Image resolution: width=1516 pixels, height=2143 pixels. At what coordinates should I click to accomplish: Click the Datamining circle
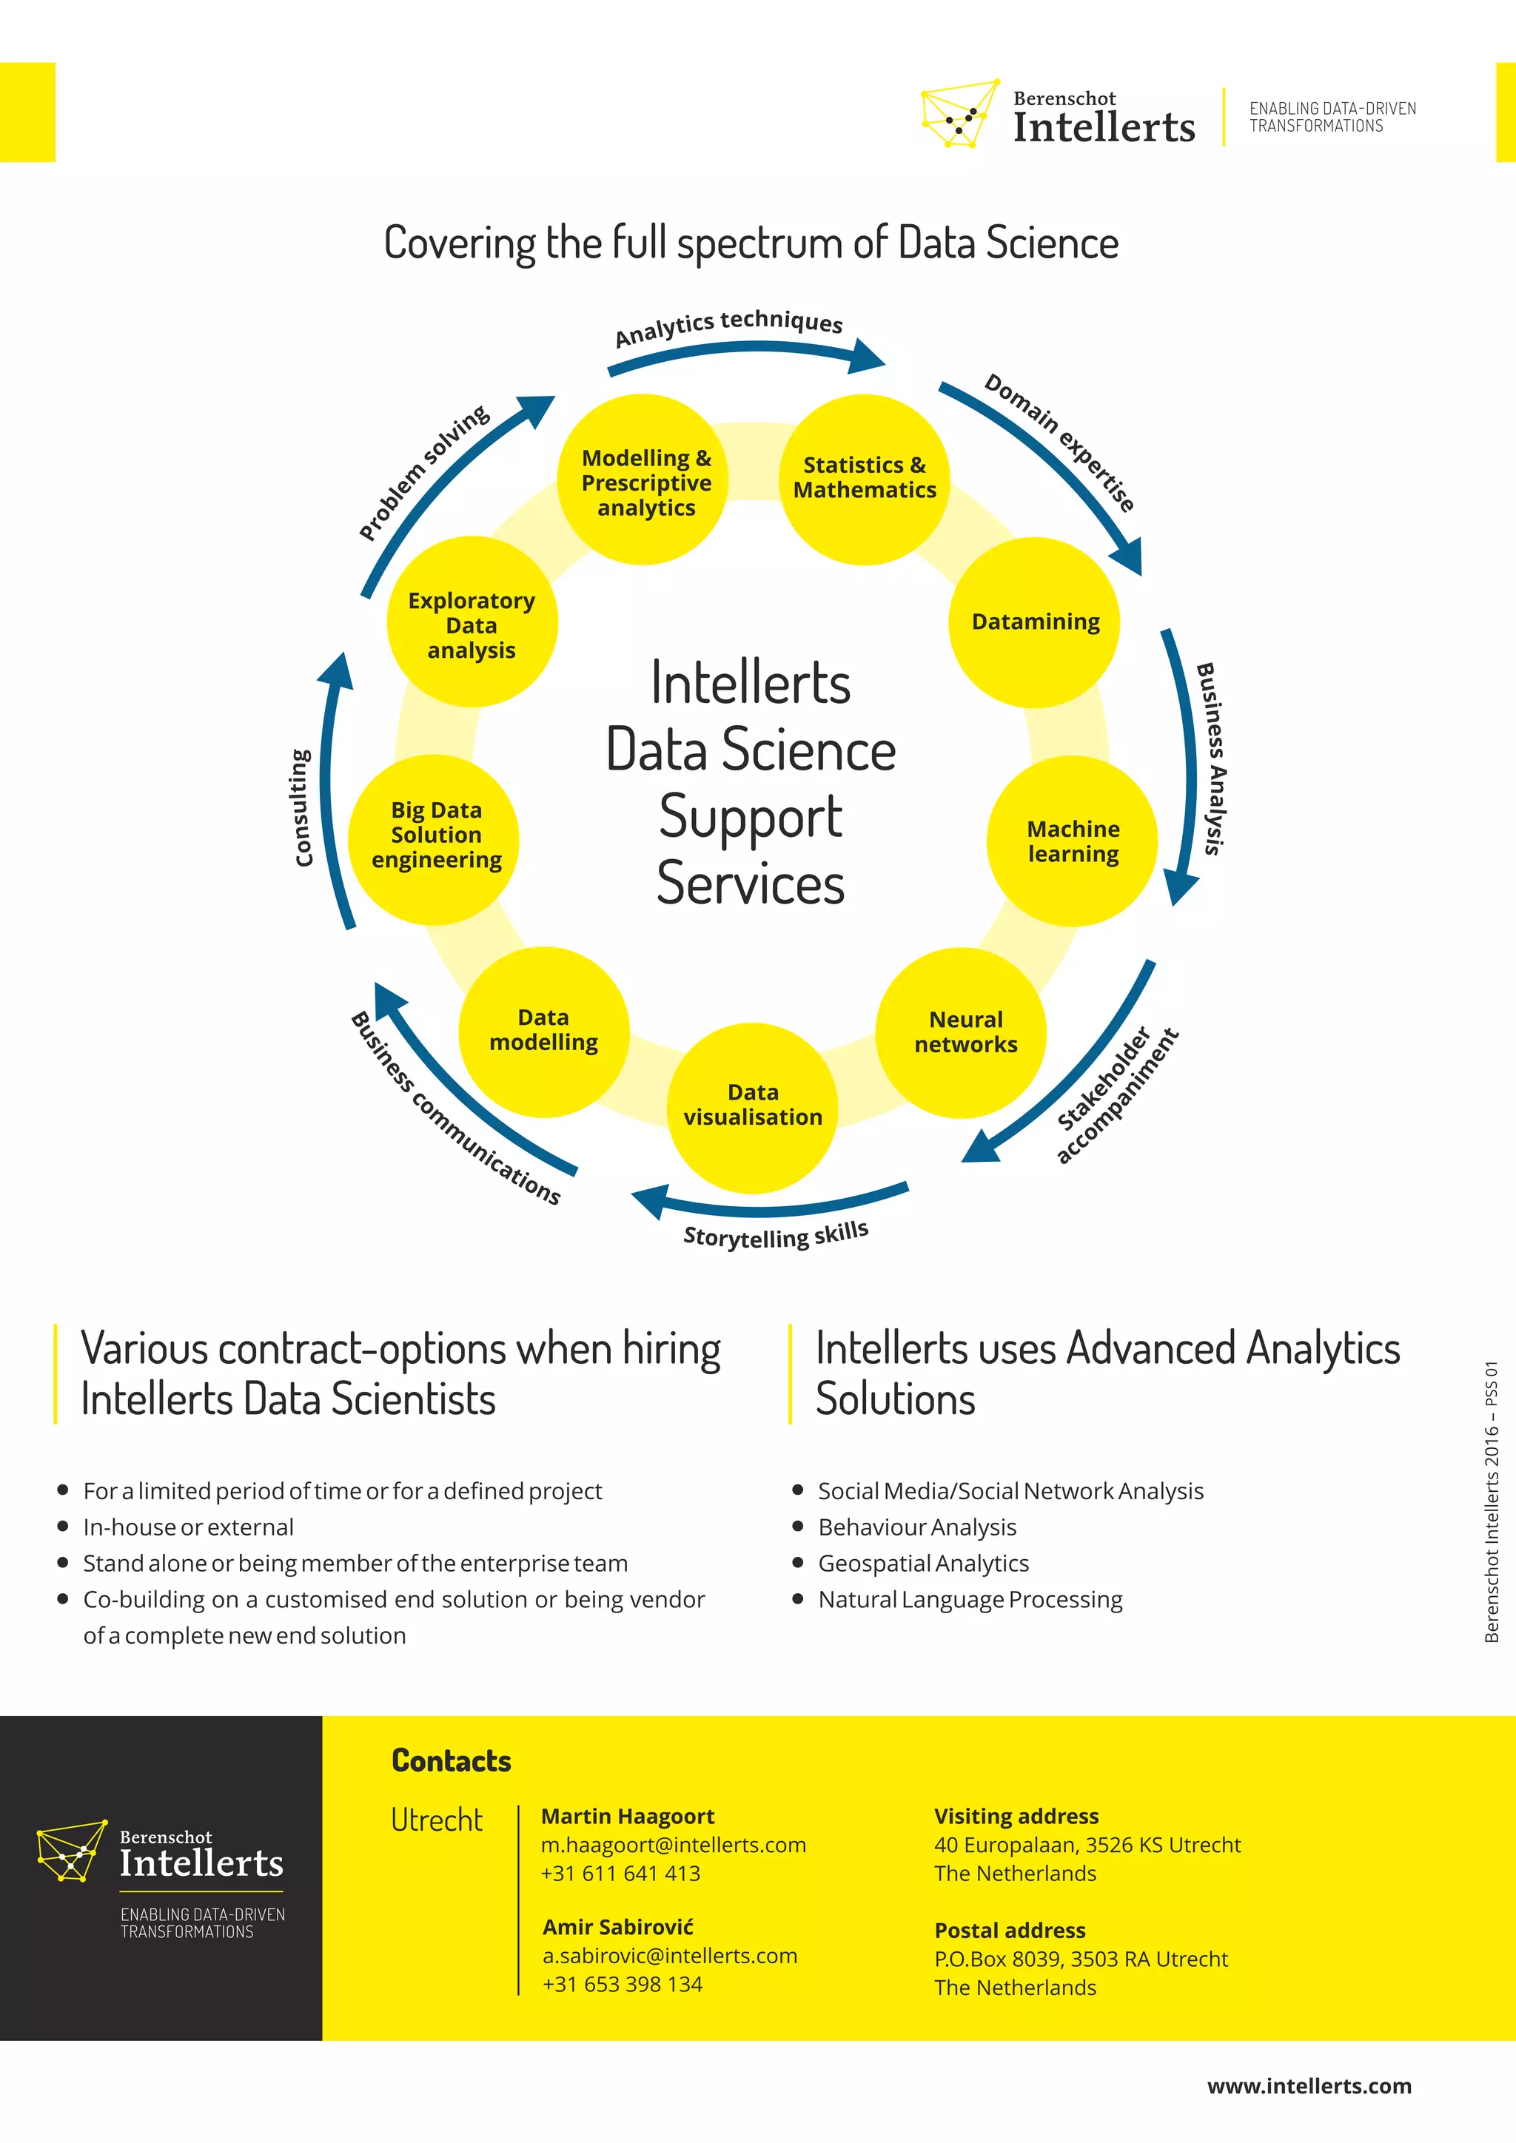1033,622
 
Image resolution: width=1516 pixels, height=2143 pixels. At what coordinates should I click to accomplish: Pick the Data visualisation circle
752,1106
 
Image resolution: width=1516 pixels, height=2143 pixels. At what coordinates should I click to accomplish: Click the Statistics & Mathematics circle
865,479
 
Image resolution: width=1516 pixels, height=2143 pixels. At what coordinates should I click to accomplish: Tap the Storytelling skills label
776,1235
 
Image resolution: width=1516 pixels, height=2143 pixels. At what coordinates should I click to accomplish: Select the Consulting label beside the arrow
301,807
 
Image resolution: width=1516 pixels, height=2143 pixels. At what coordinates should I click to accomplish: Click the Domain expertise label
1059,443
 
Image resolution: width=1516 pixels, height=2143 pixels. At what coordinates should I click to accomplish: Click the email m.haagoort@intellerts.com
673,1846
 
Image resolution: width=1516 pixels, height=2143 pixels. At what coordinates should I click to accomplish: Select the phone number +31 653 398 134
623,1985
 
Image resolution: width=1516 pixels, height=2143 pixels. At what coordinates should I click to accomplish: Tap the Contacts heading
451,1760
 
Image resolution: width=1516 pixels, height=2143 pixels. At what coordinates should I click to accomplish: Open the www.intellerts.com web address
1309,2086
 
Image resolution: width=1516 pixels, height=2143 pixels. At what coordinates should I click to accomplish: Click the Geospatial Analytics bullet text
923,1564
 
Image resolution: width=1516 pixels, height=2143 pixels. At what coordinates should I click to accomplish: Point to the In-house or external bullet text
189,1527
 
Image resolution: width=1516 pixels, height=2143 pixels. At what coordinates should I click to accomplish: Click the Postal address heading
1010,1930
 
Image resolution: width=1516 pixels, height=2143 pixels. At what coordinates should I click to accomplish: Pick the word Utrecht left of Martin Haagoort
436,1820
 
